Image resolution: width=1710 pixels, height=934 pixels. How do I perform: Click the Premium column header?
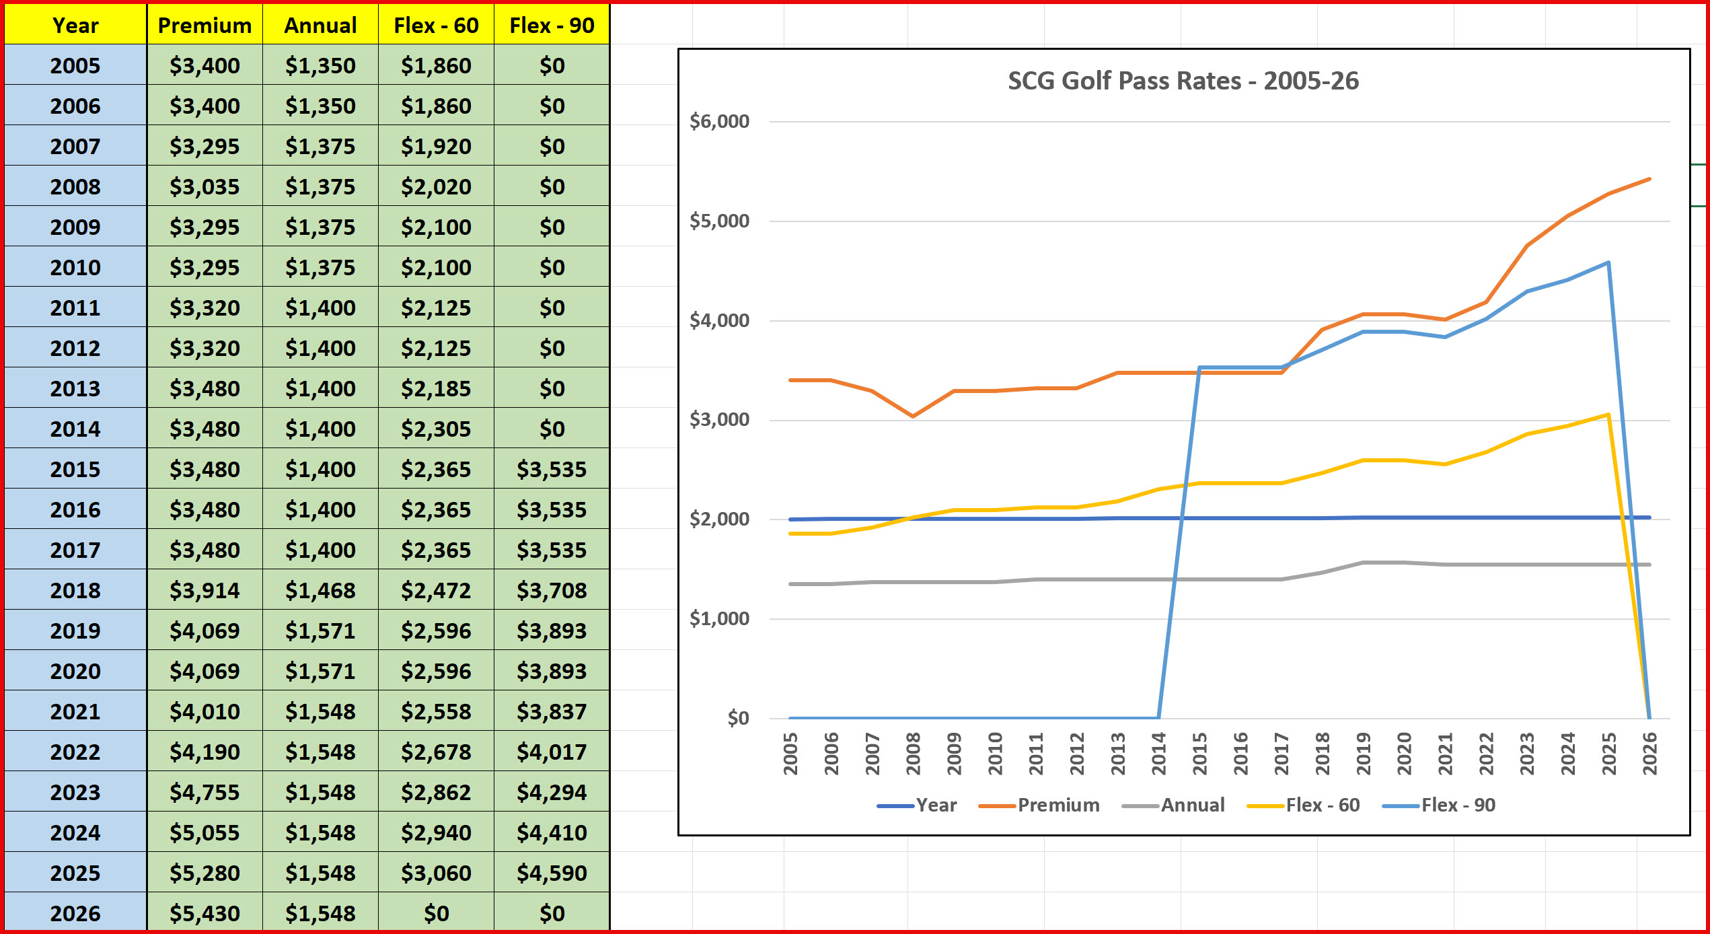pyautogui.click(x=205, y=26)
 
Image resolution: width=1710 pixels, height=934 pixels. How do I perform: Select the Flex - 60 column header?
pyautogui.click(x=436, y=26)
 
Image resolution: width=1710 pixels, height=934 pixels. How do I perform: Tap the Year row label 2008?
pyautogui.click(x=75, y=187)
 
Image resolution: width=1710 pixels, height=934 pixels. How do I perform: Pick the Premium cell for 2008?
pyautogui.click(x=205, y=187)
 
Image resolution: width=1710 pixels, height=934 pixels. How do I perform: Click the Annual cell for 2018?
pyautogui.click(x=320, y=591)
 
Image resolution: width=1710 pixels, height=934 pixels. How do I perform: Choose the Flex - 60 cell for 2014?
pyautogui.click(x=436, y=429)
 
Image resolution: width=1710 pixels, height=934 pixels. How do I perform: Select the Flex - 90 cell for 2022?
pyautogui.click(x=552, y=752)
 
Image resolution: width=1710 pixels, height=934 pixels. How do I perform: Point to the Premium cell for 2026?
pyautogui.click(x=205, y=914)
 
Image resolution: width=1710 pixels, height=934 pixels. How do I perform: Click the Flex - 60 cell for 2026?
pyautogui.click(x=436, y=914)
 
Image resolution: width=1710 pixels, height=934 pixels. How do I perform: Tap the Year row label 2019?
pyautogui.click(x=75, y=631)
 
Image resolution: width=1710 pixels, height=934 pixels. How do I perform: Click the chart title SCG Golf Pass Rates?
pyautogui.click(x=1183, y=81)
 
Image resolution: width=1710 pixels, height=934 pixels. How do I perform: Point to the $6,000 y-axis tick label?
pyautogui.click(x=719, y=122)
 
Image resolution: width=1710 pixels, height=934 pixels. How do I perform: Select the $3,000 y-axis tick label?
pyautogui.click(x=719, y=420)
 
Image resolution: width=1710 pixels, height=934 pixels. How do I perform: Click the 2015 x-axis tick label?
pyautogui.click(x=1200, y=754)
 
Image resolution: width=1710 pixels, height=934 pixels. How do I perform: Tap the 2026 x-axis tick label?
pyautogui.click(x=1650, y=754)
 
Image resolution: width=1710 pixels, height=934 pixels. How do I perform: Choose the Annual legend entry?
pyautogui.click(x=1192, y=805)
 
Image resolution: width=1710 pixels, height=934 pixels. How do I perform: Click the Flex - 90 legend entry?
pyautogui.click(x=1458, y=805)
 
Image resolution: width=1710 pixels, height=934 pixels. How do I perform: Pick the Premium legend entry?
pyautogui.click(x=1058, y=805)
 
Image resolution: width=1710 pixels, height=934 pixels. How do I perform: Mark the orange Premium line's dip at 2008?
pyautogui.click(x=913, y=416)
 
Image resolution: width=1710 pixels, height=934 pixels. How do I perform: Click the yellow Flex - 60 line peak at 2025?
pyautogui.click(x=1608, y=415)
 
